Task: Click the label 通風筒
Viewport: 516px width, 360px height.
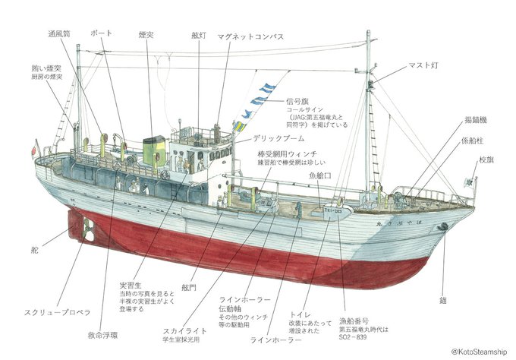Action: [60, 35]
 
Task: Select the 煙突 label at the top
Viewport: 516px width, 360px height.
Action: [147, 35]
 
